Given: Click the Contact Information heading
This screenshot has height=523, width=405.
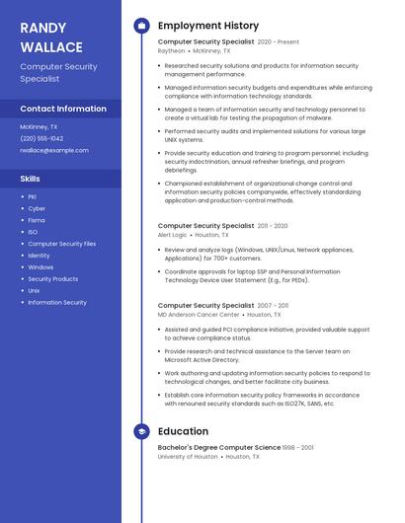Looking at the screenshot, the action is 63,109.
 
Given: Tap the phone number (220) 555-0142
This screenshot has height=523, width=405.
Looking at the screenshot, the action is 41,138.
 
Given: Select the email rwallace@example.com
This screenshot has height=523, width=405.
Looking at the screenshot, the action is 54,150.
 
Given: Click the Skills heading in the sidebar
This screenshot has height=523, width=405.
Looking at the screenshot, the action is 31,179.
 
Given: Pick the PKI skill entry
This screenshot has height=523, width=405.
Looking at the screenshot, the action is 33,197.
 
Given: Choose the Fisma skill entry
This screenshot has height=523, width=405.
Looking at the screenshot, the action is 37,220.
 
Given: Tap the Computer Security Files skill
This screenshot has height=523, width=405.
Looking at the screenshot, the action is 61,244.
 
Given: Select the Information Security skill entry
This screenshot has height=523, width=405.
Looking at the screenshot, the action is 56,302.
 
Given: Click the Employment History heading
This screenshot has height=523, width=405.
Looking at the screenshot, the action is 207,26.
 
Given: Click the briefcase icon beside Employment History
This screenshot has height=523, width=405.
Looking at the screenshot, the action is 141,26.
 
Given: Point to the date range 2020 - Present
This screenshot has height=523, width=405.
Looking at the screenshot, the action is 278,42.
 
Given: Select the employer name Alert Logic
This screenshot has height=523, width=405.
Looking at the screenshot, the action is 172,235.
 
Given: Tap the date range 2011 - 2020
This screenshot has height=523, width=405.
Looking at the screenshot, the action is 273,226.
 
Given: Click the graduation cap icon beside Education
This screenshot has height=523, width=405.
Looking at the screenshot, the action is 141,431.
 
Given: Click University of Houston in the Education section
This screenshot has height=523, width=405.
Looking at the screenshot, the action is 188,457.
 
